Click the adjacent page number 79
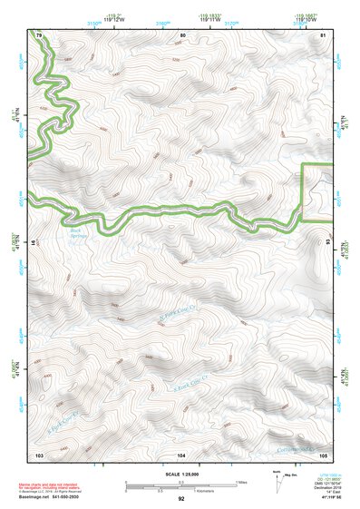pos(39,34)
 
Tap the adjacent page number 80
pos(183,34)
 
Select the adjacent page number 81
pos(324,34)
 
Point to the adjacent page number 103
pos(39,454)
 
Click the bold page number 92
pos(181,499)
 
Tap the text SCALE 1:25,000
pos(181,475)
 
